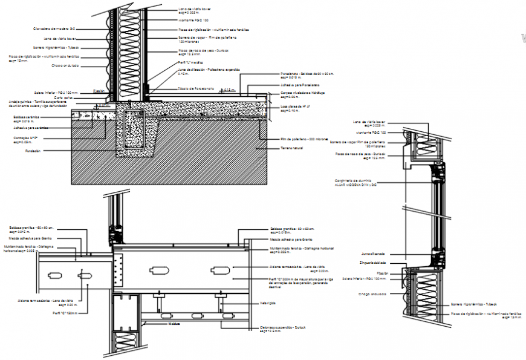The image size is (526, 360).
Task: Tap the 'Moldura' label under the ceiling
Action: pyautogui.click(x=175, y=324)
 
